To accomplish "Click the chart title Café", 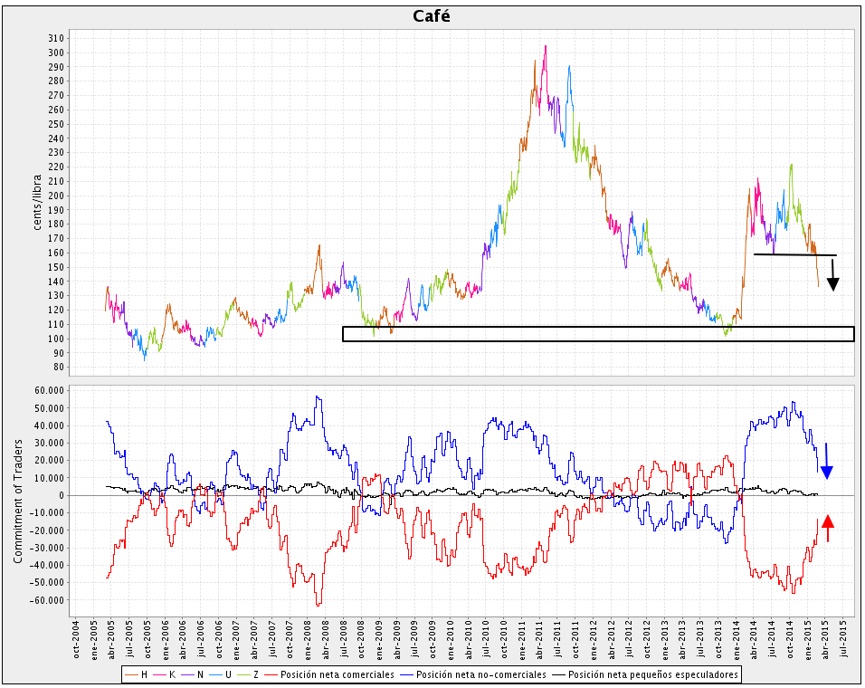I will [432, 16].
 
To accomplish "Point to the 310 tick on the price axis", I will [56, 38].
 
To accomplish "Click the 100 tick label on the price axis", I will [56, 339].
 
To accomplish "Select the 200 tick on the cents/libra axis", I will [56, 196].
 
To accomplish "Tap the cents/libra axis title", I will [37, 199].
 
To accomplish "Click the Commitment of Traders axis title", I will [18, 501].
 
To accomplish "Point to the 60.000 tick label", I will [48, 390].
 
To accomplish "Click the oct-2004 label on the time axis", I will [77, 638].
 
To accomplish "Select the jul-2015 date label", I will [843, 638].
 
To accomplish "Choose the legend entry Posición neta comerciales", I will [338, 674].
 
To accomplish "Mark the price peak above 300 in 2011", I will [545, 46].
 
